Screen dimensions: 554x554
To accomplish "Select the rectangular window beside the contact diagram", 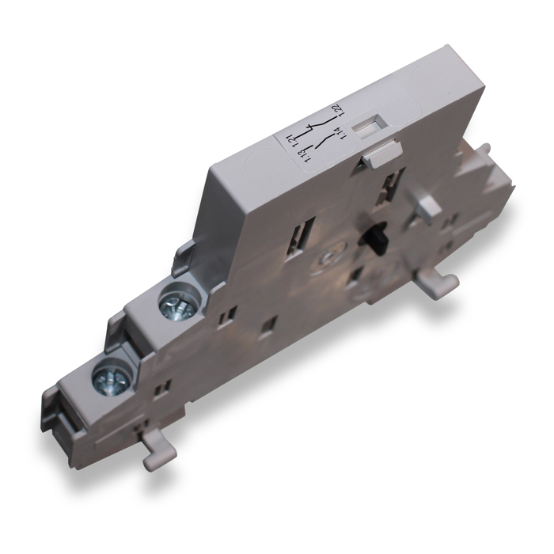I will coord(366,124).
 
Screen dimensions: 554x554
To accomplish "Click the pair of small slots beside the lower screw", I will coord(164,388).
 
